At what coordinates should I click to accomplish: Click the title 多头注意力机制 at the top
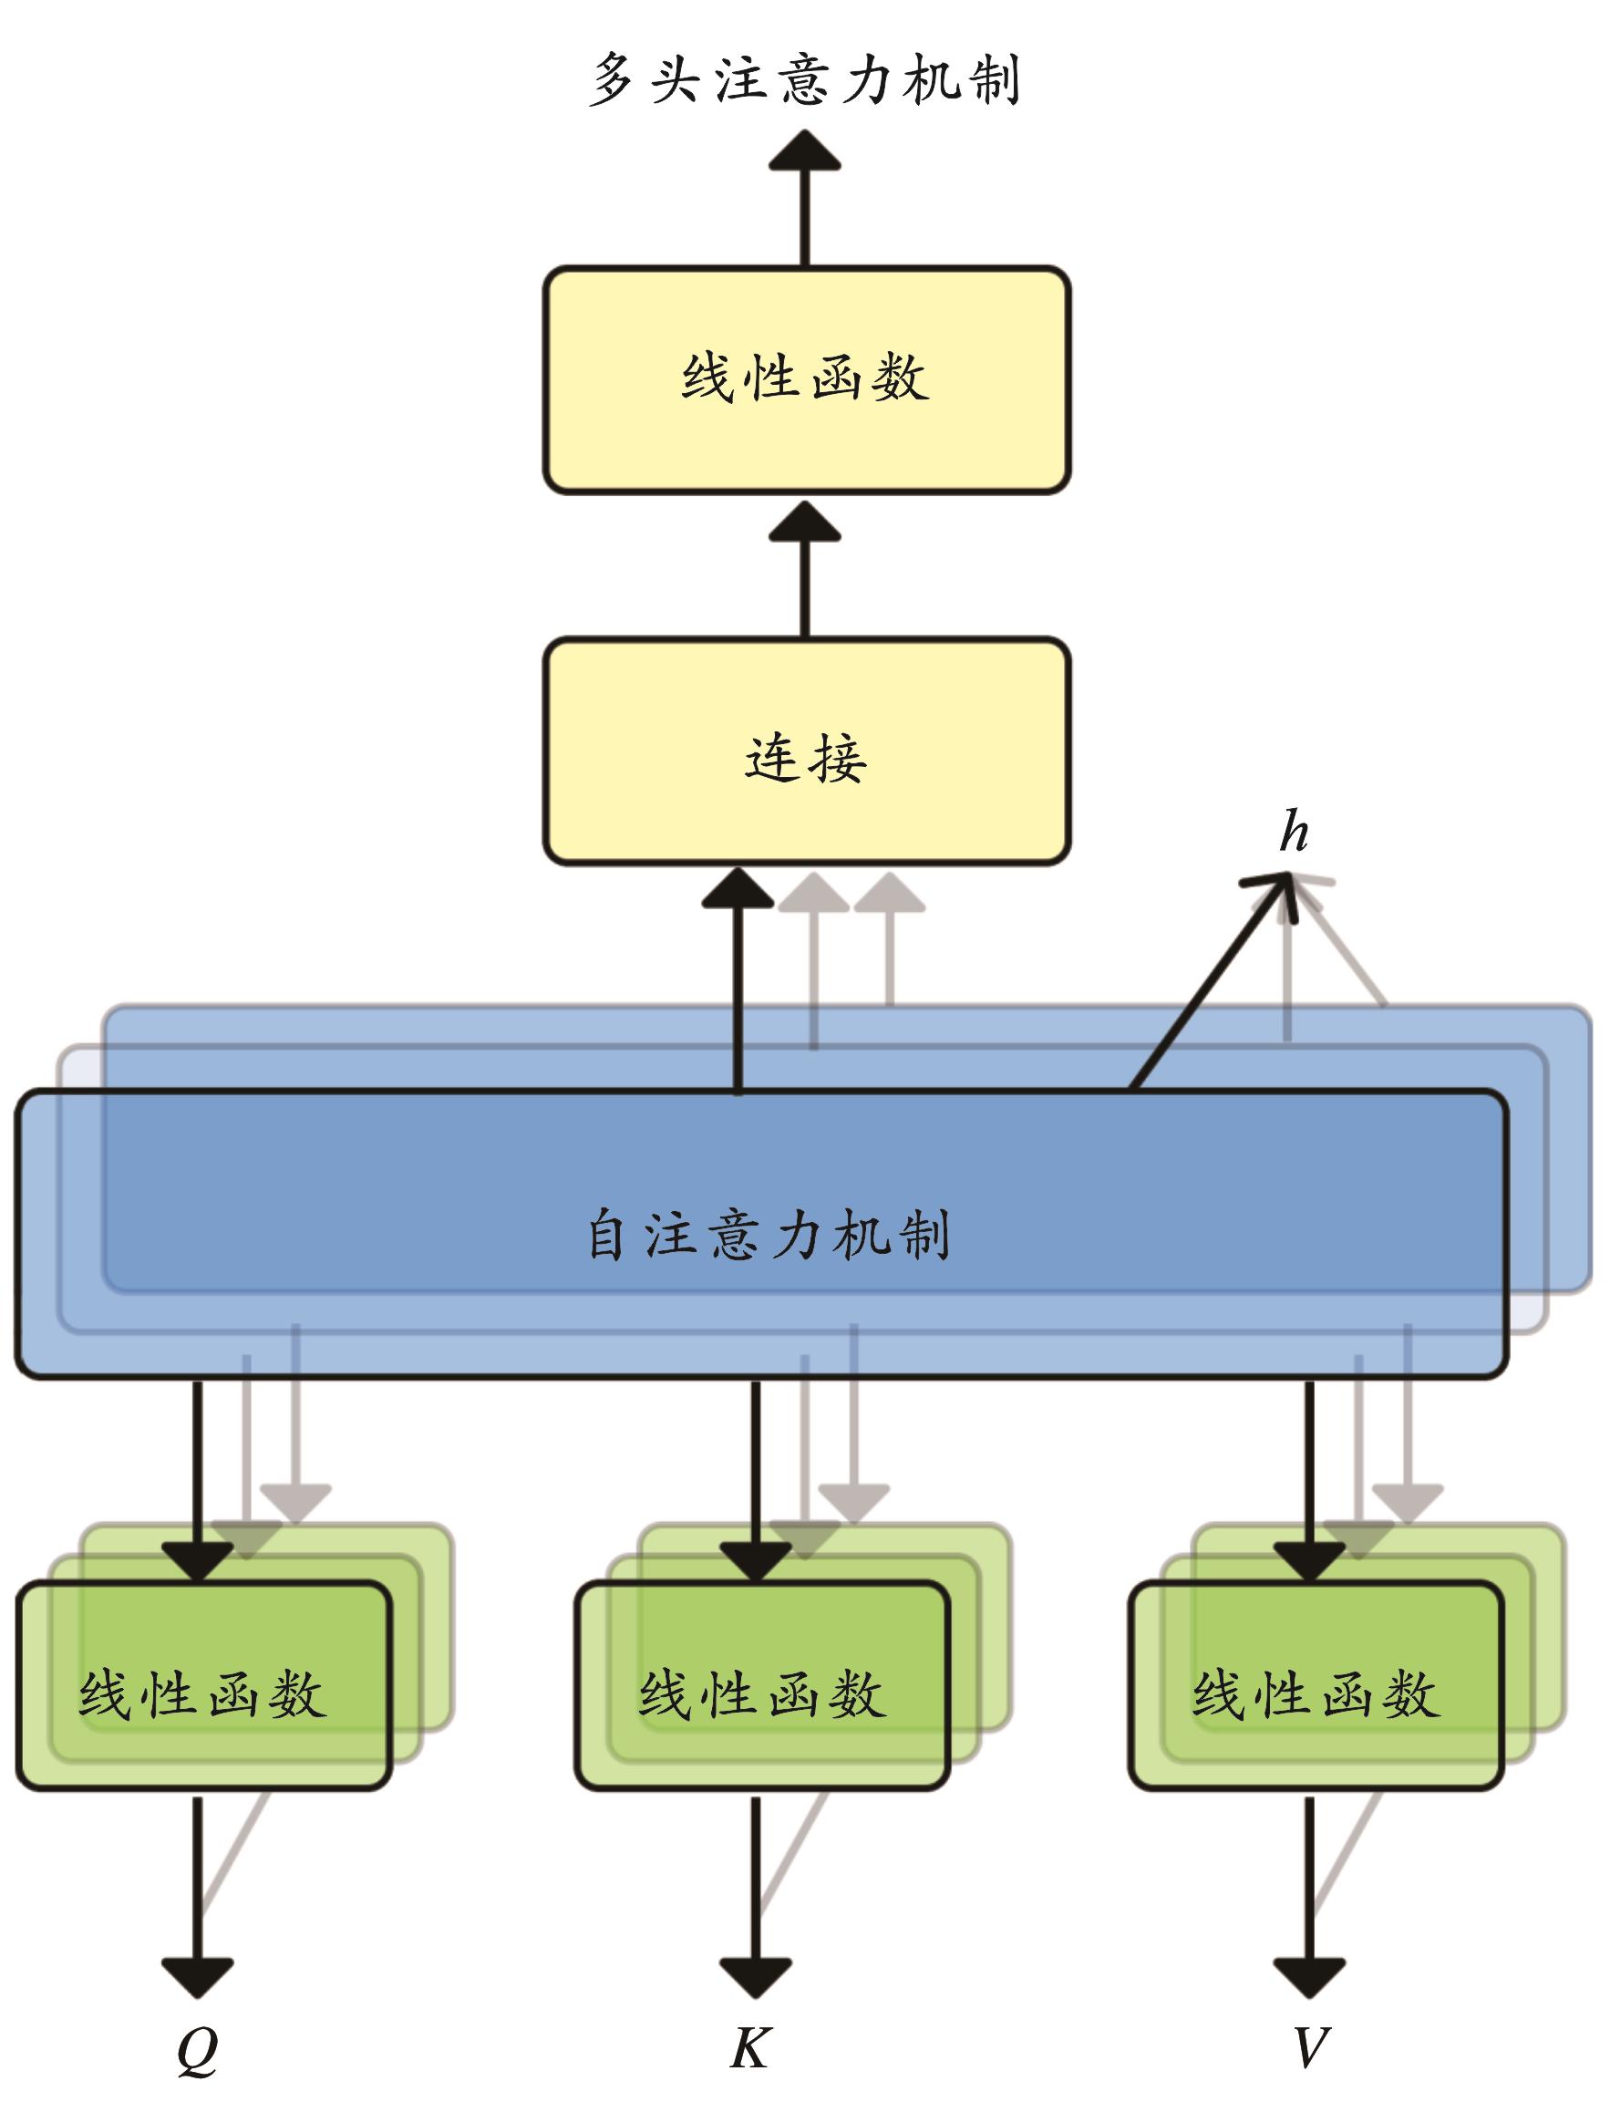click(x=804, y=78)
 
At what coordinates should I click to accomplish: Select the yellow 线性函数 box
click(x=806, y=379)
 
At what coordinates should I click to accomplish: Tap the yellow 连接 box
click(x=806, y=751)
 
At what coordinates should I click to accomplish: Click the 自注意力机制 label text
click(x=768, y=1236)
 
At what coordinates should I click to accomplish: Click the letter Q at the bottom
click(x=198, y=2050)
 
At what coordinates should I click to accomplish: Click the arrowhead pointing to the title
click(x=805, y=151)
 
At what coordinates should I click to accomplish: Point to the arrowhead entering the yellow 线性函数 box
click(x=805, y=523)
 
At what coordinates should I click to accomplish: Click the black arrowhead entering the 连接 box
click(x=738, y=888)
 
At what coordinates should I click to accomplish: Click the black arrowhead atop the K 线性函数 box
click(x=755, y=1561)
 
